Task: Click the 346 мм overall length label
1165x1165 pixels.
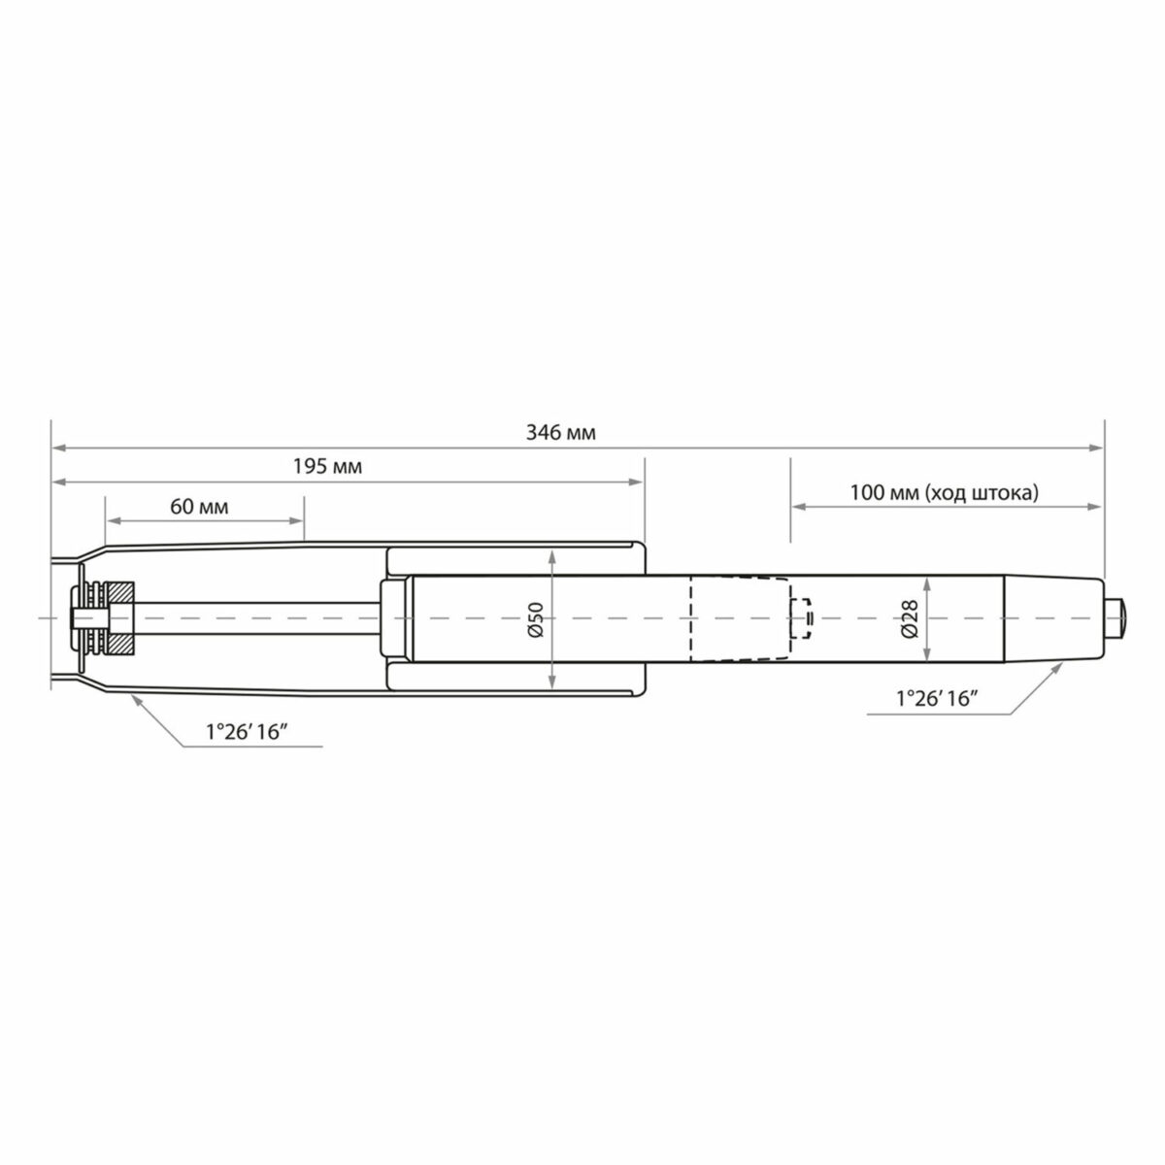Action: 560,433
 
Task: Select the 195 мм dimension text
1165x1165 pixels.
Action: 327,467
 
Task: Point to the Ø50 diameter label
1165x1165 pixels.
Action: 534,618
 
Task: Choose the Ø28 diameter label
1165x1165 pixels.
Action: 910,618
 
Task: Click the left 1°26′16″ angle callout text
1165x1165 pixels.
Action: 250,734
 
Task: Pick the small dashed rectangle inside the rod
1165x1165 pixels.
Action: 802,618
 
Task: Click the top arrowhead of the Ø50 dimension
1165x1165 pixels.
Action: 551,557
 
